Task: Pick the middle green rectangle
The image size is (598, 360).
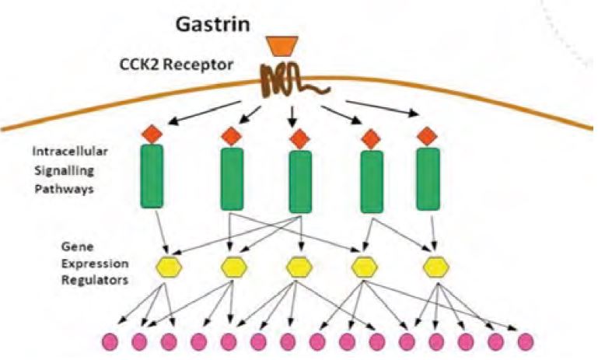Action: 300,180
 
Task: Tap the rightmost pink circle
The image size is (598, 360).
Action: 526,340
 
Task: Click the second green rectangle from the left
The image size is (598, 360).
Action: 231,178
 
